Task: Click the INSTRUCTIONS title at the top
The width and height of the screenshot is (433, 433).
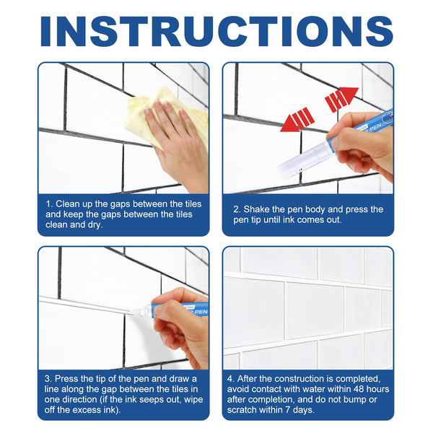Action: pos(216,30)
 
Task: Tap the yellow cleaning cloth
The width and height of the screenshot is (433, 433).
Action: pos(162,115)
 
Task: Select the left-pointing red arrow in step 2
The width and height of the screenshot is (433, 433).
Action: pos(297,120)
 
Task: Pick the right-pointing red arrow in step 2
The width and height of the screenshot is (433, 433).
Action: pos(341,98)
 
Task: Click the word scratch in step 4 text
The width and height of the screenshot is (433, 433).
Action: pos(253,410)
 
